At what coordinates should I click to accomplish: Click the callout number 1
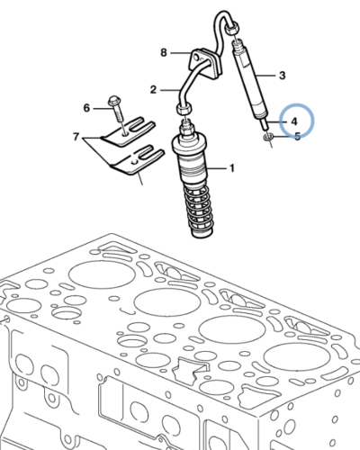click(231, 167)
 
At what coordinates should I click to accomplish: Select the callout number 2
click(153, 89)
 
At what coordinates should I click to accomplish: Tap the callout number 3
click(282, 76)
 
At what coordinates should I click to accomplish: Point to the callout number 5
click(299, 137)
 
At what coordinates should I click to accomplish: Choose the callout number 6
click(87, 108)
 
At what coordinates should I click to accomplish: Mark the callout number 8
click(164, 53)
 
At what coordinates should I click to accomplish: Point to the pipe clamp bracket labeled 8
click(206, 62)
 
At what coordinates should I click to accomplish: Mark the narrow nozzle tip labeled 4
click(264, 121)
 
